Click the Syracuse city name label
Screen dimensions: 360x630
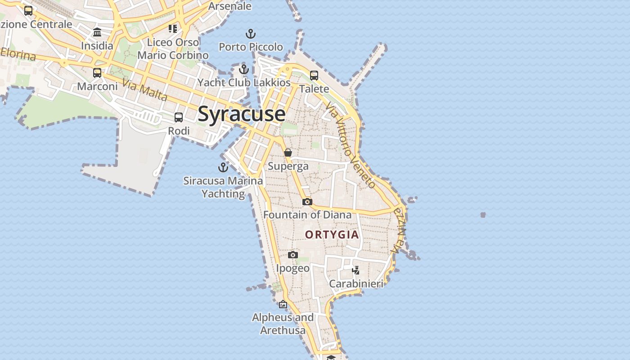242,114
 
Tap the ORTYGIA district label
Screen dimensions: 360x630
332,234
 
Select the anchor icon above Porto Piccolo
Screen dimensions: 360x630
251,34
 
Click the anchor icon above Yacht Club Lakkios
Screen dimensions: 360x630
244,69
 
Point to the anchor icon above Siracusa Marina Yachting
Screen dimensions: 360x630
223,167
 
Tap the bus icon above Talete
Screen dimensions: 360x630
314,76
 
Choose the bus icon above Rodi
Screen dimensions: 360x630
179,117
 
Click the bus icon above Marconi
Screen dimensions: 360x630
97,72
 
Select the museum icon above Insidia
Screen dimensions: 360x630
97,32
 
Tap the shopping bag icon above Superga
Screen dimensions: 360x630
288,153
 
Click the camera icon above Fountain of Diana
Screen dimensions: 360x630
307,202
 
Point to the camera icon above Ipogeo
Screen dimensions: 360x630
293,255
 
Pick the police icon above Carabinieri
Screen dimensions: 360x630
356,270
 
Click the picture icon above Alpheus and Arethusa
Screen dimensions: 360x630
283,305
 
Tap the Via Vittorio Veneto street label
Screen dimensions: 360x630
350,144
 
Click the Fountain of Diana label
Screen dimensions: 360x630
307,215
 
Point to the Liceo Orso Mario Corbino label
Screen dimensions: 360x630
173,49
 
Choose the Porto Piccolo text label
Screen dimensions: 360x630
251,47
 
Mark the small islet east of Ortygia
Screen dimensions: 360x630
483,215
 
